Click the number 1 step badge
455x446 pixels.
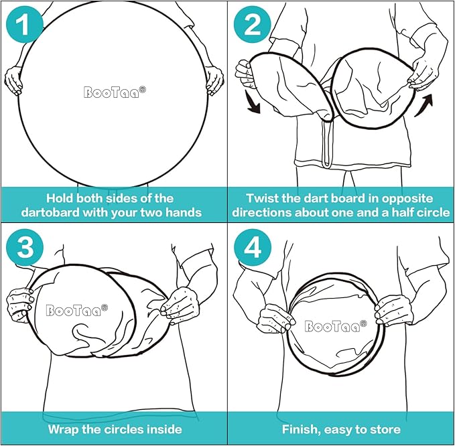coord(25,24)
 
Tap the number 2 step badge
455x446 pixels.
coord(253,24)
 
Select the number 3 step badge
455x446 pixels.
coord(25,247)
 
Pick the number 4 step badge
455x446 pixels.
coord(253,247)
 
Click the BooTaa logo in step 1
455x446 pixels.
coord(115,92)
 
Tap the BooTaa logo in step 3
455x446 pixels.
coord(77,310)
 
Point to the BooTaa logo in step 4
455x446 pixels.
coord(336,325)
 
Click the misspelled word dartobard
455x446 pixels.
coord(50,212)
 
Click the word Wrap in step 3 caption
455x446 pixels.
coord(63,429)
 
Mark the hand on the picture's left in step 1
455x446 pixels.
coord(13,80)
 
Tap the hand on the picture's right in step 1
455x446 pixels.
coord(214,80)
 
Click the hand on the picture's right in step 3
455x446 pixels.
coord(180,305)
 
